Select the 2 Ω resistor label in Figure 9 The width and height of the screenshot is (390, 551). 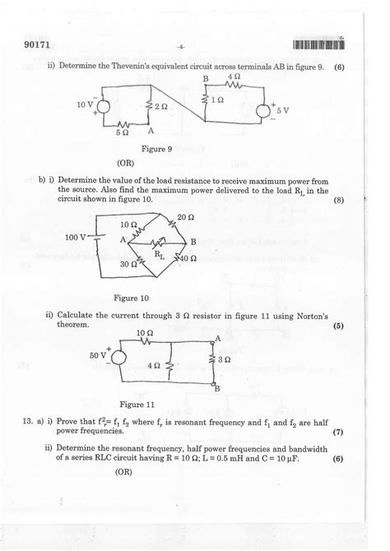tap(161, 107)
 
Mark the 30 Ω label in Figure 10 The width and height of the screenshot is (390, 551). tap(128, 265)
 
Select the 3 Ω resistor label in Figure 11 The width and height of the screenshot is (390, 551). tap(227, 360)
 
